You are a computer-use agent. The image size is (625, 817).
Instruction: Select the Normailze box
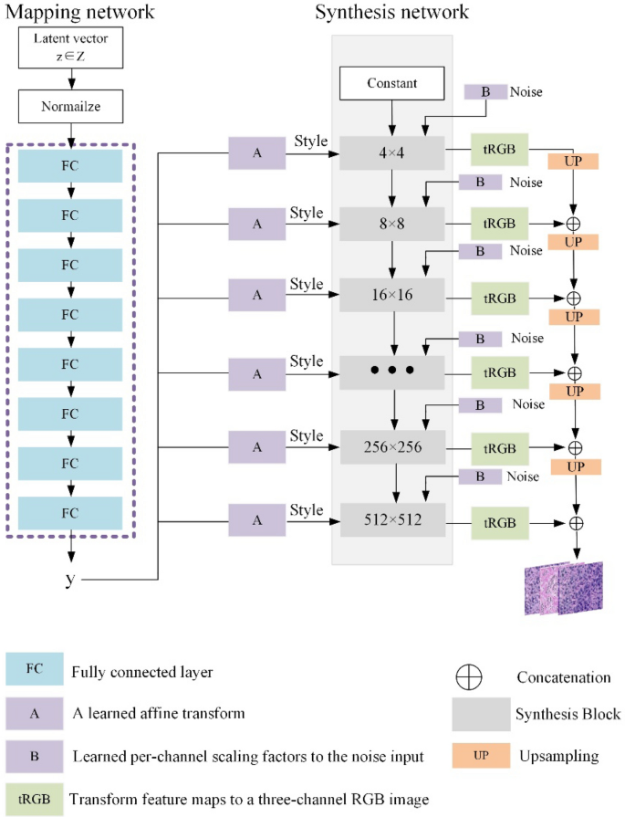click(69, 107)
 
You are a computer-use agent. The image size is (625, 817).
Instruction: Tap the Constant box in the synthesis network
click(392, 83)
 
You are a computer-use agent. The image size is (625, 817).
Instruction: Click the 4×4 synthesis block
click(392, 152)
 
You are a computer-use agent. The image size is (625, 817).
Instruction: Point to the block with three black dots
click(392, 371)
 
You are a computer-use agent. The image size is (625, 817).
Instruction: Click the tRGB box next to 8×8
click(498, 223)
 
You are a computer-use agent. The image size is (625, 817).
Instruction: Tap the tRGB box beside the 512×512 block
click(498, 522)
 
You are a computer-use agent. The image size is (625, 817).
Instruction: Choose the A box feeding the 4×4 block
click(256, 152)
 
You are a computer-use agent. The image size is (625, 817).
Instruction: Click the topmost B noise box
click(484, 92)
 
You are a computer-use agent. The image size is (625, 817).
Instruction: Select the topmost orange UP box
click(573, 161)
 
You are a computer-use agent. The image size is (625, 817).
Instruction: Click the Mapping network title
click(80, 13)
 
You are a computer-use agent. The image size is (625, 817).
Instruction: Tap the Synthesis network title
click(391, 13)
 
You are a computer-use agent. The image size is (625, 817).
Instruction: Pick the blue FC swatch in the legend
click(35, 668)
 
